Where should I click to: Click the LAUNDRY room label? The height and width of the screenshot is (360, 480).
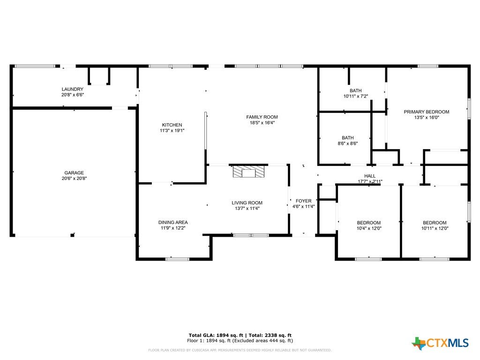(x=73, y=90)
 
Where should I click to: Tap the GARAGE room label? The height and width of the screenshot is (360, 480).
(x=74, y=173)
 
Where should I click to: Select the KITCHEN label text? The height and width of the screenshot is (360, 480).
(x=172, y=125)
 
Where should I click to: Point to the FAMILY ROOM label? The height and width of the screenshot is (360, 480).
(x=262, y=117)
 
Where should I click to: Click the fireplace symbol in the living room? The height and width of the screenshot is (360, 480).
(x=248, y=172)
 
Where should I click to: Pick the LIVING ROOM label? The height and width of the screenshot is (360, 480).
(x=247, y=202)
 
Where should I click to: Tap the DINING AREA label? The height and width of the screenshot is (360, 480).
(x=173, y=222)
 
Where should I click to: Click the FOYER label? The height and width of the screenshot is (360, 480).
(x=304, y=201)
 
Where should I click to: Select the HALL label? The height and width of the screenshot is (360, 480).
(x=370, y=176)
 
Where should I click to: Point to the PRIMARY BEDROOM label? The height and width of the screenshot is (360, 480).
(x=427, y=112)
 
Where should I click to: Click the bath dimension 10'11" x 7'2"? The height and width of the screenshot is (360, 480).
(x=356, y=96)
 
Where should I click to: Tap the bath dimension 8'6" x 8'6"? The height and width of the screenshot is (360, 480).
(x=348, y=143)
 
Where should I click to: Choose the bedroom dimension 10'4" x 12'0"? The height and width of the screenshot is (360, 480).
(x=369, y=228)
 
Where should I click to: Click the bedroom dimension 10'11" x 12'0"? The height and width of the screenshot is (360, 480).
(x=435, y=228)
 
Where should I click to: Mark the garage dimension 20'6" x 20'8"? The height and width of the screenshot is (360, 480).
(x=74, y=179)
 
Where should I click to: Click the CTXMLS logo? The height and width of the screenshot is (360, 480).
(x=440, y=343)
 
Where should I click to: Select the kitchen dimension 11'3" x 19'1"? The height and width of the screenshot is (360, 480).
(x=172, y=130)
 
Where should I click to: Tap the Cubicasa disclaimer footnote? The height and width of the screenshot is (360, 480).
(x=240, y=350)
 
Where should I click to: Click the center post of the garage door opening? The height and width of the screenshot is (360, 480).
(x=73, y=235)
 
